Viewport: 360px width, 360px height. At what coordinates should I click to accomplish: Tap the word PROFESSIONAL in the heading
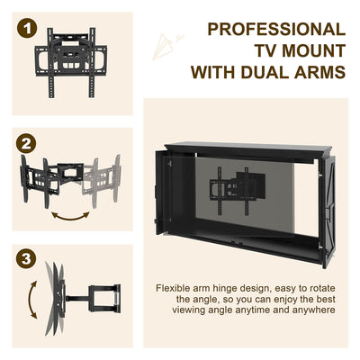(x=276, y=31)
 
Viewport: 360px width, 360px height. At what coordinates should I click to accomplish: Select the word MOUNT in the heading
(x=306, y=51)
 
